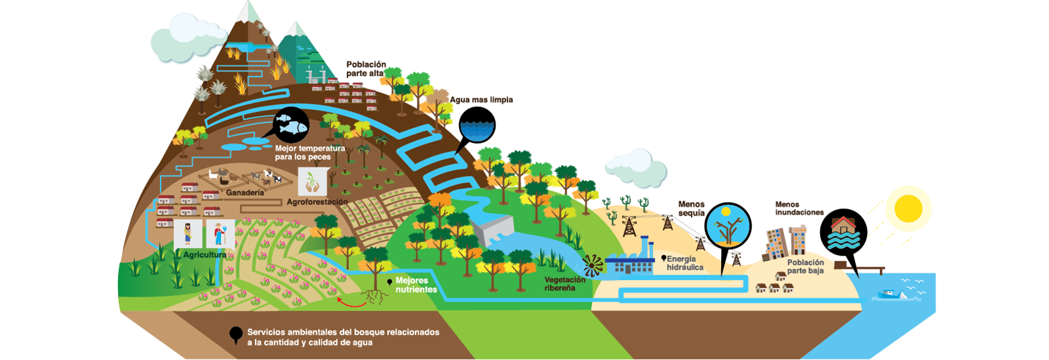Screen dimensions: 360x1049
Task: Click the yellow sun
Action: (908, 209)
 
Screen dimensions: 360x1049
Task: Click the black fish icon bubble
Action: (290, 124)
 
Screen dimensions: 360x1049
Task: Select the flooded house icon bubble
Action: (843, 233)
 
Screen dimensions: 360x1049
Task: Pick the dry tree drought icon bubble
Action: (727, 226)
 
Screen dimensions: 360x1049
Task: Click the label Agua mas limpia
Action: (481, 100)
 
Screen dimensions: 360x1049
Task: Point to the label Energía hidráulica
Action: (685, 263)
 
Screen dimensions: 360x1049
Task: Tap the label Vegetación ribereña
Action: (564, 283)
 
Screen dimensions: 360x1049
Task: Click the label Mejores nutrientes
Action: (416, 285)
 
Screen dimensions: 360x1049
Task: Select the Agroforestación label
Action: (317, 202)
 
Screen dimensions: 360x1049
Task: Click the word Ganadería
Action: (245, 193)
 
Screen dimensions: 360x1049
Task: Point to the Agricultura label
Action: (205, 254)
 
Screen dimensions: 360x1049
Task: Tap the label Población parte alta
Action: (366, 69)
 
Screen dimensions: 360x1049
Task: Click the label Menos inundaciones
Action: (799, 209)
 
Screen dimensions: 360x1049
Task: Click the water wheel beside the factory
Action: (593, 266)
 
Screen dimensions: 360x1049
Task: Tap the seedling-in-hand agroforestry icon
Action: (312, 182)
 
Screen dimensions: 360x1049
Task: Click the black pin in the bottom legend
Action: (236, 335)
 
